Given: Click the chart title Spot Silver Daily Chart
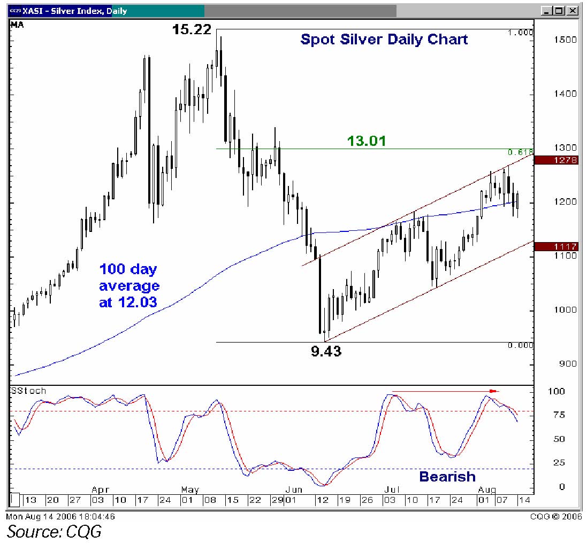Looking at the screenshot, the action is [384, 39].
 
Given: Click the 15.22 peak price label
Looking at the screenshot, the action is [192, 29].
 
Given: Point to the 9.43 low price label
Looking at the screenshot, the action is [326, 351].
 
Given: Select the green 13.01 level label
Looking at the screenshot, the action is [367, 141].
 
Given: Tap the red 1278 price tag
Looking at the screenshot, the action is [556, 160].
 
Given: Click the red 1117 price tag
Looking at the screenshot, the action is [556, 246].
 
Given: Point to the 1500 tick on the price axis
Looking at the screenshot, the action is [565, 40].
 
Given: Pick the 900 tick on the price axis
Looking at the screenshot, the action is [568, 364].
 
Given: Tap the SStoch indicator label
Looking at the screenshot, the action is [28, 391].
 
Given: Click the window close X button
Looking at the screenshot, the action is [573, 11].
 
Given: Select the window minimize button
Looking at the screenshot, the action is [547, 11].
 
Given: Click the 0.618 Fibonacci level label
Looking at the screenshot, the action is [520, 152].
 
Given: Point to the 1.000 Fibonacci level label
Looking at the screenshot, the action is [520, 33].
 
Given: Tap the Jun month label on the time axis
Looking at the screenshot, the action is [293, 489].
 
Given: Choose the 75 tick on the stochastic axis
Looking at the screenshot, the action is [559, 415].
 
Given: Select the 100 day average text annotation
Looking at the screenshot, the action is [129, 285].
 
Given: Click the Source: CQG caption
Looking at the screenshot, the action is [54, 531].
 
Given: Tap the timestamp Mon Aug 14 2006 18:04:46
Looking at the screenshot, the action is [60, 516].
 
